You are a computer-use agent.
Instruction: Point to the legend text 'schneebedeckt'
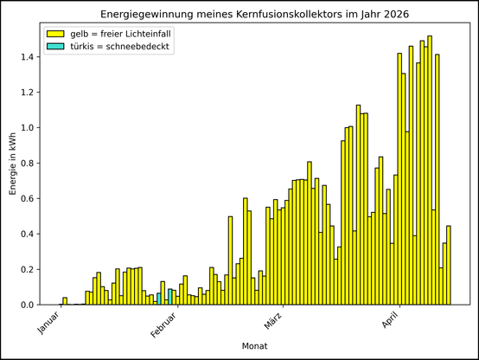[x=137, y=47]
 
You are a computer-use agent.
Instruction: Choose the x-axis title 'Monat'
[x=255, y=346]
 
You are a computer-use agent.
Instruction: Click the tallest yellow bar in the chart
[x=430, y=173]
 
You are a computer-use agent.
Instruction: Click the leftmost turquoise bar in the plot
[x=158, y=299]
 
